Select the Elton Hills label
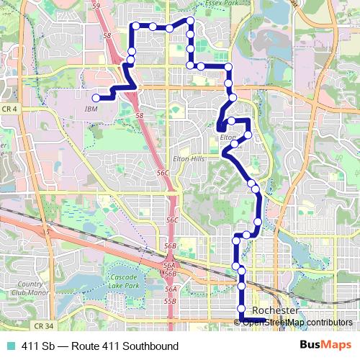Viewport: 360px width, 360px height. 189,158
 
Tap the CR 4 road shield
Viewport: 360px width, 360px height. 9,109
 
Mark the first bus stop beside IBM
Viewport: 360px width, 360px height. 96,98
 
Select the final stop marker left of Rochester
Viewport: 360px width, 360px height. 242,309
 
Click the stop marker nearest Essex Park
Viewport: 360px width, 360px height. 189,21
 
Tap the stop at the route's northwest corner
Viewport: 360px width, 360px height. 132,27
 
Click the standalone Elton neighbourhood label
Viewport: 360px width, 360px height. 228,136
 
